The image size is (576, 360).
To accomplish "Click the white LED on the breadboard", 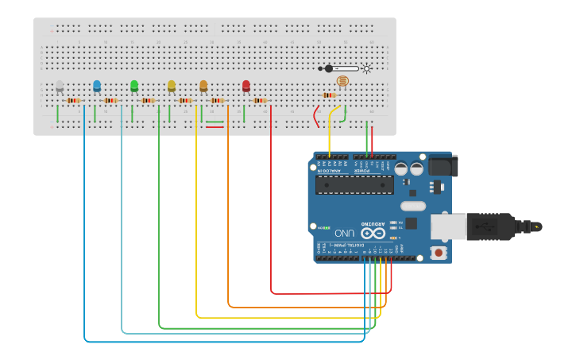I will click(60, 85).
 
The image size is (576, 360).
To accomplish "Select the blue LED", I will click(97, 85).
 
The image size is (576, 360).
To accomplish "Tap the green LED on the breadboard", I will click(134, 85).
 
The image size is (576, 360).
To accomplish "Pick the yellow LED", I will click(172, 85).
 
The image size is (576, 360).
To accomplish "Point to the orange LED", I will click(203, 85).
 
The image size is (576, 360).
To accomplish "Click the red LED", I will click(246, 85).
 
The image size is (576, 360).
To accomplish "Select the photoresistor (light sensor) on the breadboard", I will click(342, 81).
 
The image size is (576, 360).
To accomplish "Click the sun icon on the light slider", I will click(366, 68).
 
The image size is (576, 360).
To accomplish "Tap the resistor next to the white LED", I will click(74, 100).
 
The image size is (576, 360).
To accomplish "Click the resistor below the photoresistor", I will click(328, 95).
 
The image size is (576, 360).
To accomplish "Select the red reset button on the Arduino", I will click(438, 253).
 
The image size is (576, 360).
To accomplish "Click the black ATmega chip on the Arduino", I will click(354, 185).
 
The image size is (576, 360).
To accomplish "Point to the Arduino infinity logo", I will click(373, 233).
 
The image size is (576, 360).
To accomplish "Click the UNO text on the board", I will click(344, 233).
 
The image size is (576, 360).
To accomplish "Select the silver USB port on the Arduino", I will click(448, 226).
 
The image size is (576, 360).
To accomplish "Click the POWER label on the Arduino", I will click(362, 171).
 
